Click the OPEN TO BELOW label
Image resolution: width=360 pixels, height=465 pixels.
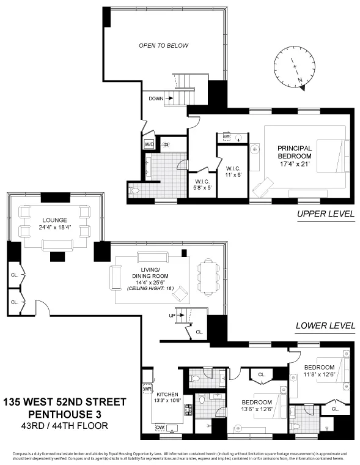(x=163, y=46)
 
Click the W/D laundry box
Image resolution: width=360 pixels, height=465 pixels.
(x=149, y=144)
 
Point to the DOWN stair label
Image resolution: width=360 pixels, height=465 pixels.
(x=156, y=99)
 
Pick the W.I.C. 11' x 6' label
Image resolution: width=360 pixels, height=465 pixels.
(x=233, y=171)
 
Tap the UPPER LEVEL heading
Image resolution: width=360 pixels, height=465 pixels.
(x=326, y=214)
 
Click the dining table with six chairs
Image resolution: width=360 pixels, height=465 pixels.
(x=208, y=276)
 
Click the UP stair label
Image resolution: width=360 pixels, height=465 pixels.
(x=173, y=315)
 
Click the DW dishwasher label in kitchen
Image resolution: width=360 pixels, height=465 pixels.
(x=160, y=427)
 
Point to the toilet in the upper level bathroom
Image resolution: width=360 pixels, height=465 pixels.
(x=136, y=192)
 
